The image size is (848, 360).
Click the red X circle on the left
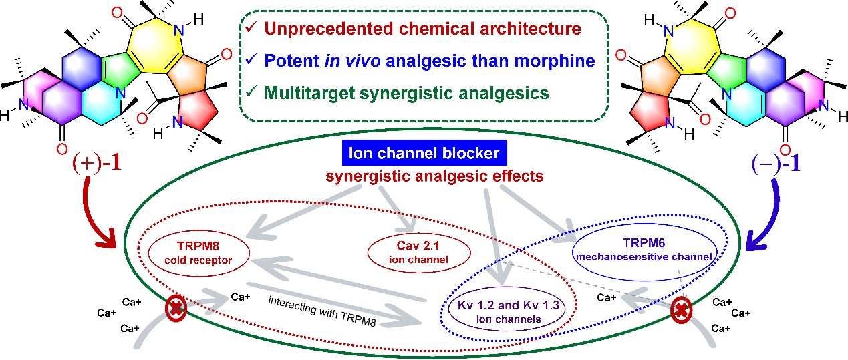[176, 310]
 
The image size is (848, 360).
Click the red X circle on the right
[681, 310]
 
